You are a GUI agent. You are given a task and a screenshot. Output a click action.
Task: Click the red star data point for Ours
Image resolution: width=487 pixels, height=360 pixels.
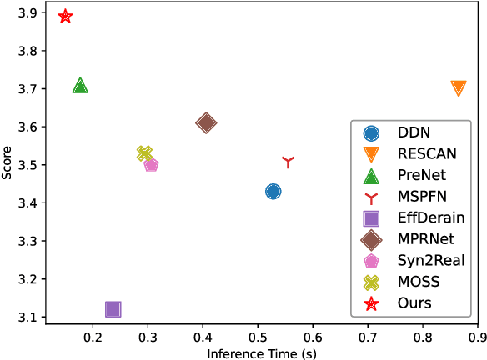(65, 17)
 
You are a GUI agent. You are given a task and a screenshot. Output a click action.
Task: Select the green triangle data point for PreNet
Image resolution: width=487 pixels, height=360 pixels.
(80, 86)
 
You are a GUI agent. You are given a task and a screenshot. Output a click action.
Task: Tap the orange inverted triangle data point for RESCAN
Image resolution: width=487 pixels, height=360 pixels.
(458, 88)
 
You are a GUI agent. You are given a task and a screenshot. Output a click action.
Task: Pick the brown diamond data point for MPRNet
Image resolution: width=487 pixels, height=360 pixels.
(206, 123)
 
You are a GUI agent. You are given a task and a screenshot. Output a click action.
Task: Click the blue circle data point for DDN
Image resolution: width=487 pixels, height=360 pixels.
(273, 192)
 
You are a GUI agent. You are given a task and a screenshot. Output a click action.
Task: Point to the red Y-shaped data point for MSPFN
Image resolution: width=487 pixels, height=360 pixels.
(289, 162)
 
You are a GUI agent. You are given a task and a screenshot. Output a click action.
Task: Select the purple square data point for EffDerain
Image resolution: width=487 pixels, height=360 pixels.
(113, 309)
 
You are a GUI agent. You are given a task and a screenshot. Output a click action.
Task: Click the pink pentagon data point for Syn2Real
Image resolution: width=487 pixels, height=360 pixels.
(151, 165)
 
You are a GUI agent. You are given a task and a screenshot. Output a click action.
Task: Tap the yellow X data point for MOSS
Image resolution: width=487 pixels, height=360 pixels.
(144, 153)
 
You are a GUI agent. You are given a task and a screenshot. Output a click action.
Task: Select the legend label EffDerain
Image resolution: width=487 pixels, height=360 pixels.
(429, 218)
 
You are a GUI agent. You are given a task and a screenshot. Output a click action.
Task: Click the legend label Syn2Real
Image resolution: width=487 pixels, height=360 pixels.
(430, 261)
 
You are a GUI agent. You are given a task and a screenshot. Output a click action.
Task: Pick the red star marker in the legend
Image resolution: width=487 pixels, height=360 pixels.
(371, 304)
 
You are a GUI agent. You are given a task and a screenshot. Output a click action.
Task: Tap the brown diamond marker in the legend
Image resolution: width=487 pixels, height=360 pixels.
(371, 240)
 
